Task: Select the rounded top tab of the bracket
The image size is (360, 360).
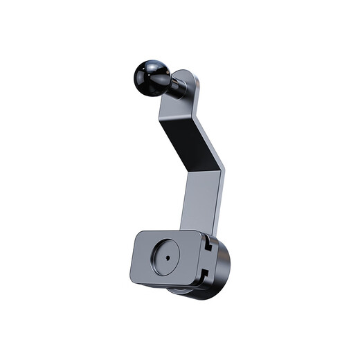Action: [x=188, y=80]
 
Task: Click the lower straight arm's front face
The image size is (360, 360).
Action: [x=201, y=201]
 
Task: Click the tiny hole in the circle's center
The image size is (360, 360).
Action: [x=167, y=255]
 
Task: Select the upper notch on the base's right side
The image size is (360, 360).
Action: [x=210, y=244]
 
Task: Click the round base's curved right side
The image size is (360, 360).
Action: [x=224, y=267]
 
